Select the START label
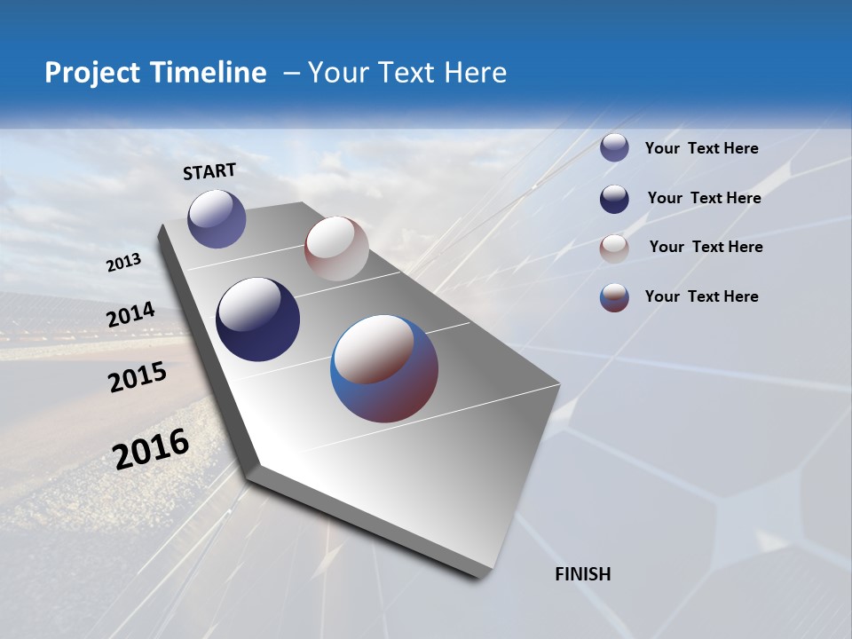(x=209, y=171)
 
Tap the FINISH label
(x=583, y=574)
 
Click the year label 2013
(x=123, y=263)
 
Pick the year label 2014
(x=130, y=315)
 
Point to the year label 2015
(x=138, y=377)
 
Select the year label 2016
(x=151, y=448)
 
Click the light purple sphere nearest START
(x=217, y=218)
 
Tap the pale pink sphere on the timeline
(x=336, y=248)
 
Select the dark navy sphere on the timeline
(x=257, y=319)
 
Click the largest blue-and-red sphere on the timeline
(x=384, y=368)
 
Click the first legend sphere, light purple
(x=614, y=148)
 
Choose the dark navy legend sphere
(x=614, y=199)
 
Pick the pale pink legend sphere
(x=614, y=248)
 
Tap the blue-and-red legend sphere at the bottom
(x=614, y=297)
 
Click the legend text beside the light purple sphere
(x=701, y=148)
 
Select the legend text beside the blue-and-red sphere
(x=701, y=296)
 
